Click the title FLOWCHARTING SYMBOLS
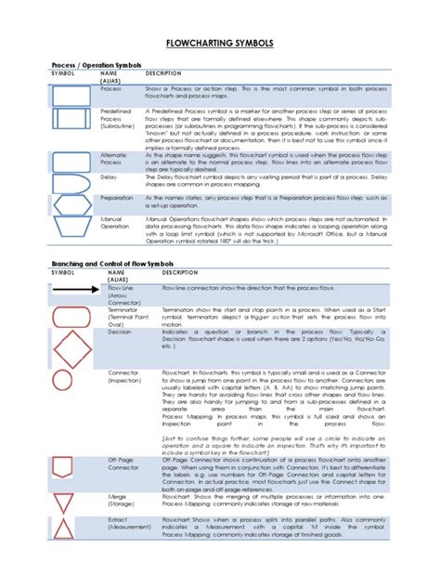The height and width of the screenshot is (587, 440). click(219, 44)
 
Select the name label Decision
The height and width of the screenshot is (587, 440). click(120, 331)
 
